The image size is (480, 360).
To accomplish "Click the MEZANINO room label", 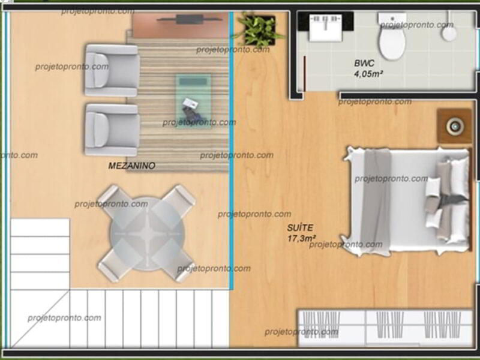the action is click(x=131, y=166).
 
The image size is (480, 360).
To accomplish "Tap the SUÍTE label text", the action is click(x=300, y=228).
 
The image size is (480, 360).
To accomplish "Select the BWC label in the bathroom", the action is click(x=364, y=63).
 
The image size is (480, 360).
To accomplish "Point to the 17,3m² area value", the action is click(x=302, y=238).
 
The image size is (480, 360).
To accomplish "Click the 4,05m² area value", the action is click(x=368, y=74).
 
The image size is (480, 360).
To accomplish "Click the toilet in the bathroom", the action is click(x=392, y=36).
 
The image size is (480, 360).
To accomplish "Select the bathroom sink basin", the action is click(x=325, y=28).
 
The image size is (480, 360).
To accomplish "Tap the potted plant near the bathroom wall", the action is click(x=259, y=29).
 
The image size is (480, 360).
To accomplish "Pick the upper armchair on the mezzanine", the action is click(x=112, y=70).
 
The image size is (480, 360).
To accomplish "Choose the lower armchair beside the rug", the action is click(x=112, y=130).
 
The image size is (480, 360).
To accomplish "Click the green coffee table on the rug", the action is click(x=193, y=101).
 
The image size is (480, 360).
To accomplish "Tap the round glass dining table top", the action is click(x=147, y=234).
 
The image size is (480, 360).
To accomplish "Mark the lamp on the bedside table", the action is click(x=455, y=126).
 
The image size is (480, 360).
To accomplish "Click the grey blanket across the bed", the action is click(x=376, y=201).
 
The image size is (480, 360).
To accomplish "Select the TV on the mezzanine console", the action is click(x=189, y=19).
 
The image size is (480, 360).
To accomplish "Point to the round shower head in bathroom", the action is click(x=449, y=34).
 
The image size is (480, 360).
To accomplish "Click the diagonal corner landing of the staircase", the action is click(x=40, y=319).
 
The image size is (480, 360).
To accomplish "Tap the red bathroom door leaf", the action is click(x=305, y=73).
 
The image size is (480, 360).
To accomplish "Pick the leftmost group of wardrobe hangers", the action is click(x=322, y=325).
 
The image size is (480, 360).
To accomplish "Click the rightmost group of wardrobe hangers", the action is click(x=442, y=325).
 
